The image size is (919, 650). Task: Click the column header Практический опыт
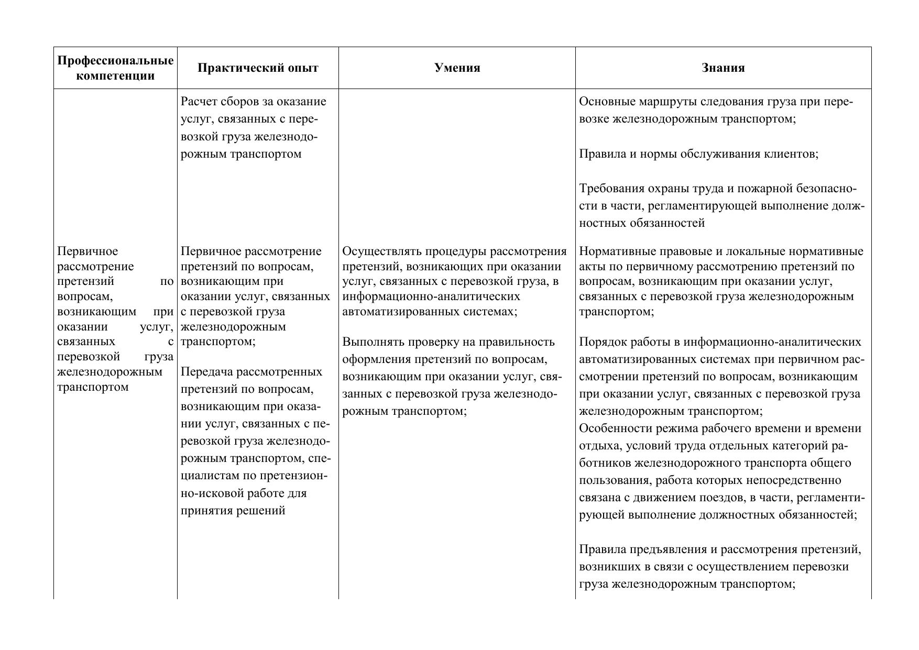258,68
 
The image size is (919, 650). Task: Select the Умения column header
457,68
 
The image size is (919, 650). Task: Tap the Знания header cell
723,68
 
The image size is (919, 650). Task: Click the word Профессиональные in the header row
115,61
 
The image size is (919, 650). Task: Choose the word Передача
206,372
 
